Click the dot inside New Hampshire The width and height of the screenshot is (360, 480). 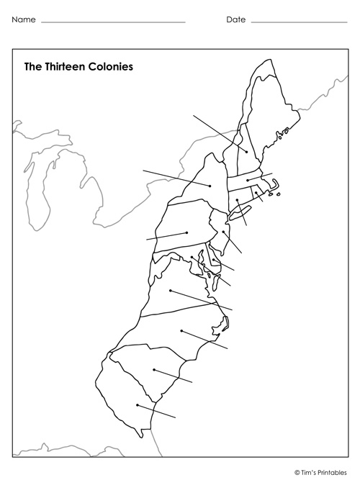pyautogui.click(x=246, y=151)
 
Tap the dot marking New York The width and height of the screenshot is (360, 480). pyautogui.click(x=210, y=186)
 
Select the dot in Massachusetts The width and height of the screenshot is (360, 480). pyautogui.click(x=248, y=180)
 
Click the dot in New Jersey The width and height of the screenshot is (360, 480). pyautogui.click(x=224, y=232)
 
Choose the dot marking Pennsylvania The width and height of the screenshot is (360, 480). pyautogui.click(x=186, y=232)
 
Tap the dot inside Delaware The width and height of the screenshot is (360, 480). pyautogui.click(x=214, y=261)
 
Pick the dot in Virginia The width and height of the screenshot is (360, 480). pyautogui.click(x=171, y=291)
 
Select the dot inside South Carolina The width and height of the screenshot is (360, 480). pyautogui.click(x=153, y=370)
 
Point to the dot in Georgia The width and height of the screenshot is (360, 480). pyautogui.click(x=137, y=405)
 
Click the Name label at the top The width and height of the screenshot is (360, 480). pyautogui.click(x=23, y=19)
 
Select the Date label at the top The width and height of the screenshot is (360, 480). pyautogui.click(x=235, y=19)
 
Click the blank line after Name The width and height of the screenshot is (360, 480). pyautogui.click(x=113, y=22)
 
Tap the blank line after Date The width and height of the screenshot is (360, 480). pyautogui.click(x=299, y=22)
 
